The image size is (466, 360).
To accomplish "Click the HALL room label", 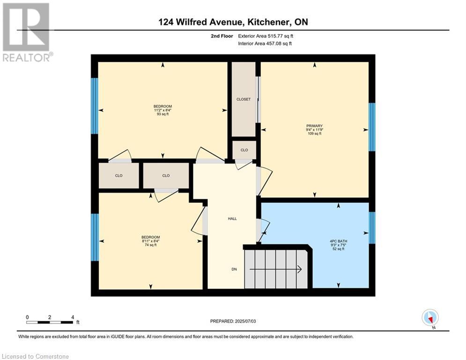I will (x=232, y=218).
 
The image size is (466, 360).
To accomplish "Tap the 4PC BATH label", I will (x=338, y=241).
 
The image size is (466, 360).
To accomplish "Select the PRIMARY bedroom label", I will (x=314, y=126).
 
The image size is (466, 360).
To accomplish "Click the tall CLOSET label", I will (x=244, y=99).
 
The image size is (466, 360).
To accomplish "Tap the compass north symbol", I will (x=429, y=318).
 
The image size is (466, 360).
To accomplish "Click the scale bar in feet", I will (x=49, y=322).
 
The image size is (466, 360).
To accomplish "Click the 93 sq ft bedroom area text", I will (x=163, y=114).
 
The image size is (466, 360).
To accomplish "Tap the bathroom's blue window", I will (x=372, y=228).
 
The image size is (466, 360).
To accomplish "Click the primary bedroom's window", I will (x=372, y=127).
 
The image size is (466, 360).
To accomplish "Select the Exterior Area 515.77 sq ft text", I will (x=266, y=36).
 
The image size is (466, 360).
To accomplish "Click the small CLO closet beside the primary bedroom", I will (x=244, y=150).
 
